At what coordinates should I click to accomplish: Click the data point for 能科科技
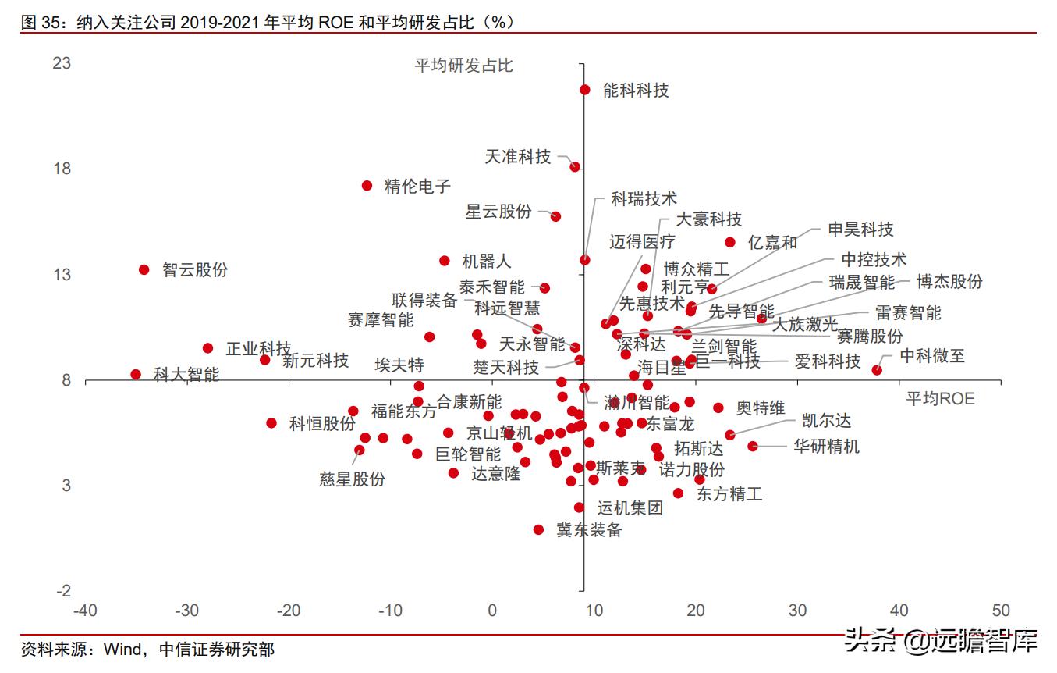pyautogui.click(x=585, y=90)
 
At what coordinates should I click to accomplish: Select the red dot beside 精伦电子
pyautogui.click(x=367, y=186)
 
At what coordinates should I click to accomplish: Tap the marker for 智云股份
pyautogui.click(x=144, y=269)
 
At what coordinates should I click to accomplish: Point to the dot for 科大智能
pyautogui.click(x=136, y=374)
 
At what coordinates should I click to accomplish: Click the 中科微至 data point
pyautogui.click(x=877, y=369)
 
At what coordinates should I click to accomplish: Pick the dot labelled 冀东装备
pyautogui.click(x=538, y=529)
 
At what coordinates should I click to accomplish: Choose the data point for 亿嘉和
pyautogui.click(x=730, y=242)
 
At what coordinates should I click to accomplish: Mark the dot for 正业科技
pyautogui.click(x=207, y=348)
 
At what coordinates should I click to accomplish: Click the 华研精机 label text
pyautogui.click(x=826, y=447)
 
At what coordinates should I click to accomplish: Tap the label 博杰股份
pyautogui.click(x=949, y=282)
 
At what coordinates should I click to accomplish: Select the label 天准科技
pyautogui.click(x=517, y=157)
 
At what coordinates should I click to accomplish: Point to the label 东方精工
pyautogui.click(x=729, y=494)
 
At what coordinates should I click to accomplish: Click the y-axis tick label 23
pyautogui.click(x=62, y=63)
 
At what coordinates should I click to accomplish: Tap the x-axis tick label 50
pyautogui.click(x=1000, y=611)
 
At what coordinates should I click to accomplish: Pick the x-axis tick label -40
pyautogui.click(x=85, y=611)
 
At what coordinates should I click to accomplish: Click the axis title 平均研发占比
pyautogui.click(x=463, y=66)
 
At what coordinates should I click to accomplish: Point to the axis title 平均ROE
pyautogui.click(x=940, y=399)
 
